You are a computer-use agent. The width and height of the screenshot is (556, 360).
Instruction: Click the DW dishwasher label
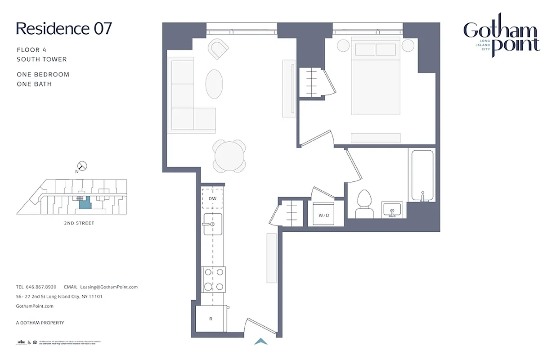(x=213, y=198)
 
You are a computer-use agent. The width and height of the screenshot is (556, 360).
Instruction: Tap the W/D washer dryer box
(x=324, y=215)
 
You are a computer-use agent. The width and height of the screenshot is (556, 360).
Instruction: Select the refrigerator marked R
(x=211, y=319)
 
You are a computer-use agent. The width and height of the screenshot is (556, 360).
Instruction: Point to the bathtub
(x=422, y=175)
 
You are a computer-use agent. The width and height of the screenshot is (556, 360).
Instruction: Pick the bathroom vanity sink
(x=392, y=210)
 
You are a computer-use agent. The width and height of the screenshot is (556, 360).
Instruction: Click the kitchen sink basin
(x=213, y=224)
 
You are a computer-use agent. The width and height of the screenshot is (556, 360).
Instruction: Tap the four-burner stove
(x=213, y=279)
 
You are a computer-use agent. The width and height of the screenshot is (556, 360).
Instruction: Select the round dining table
(x=230, y=156)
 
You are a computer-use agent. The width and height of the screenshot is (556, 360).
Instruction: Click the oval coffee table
(x=214, y=83)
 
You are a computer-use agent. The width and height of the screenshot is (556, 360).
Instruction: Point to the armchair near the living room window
(x=219, y=48)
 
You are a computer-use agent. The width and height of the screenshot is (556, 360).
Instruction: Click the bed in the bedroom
(x=376, y=76)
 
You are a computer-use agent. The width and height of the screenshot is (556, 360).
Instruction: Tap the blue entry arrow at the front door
(x=261, y=342)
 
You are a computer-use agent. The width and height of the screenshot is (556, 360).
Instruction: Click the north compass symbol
(x=83, y=166)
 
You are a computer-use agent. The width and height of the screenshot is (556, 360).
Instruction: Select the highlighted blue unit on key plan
(x=84, y=203)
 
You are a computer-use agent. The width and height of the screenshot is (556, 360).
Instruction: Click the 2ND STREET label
(x=79, y=223)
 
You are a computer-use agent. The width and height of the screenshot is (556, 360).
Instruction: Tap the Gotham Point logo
(x=501, y=38)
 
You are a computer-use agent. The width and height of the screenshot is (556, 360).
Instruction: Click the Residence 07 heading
(x=63, y=29)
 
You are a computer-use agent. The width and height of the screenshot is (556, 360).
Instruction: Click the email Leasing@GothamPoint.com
(x=108, y=287)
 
